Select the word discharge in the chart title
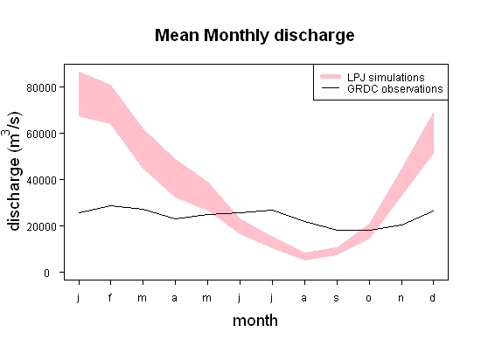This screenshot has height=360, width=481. tap(314, 36)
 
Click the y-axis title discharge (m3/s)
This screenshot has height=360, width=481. tap(13, 171)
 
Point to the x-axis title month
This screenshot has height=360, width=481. tap(255, 321)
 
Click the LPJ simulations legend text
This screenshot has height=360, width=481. tap(386, 77)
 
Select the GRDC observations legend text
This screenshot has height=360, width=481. tap(395, 89)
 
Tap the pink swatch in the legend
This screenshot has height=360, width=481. tap(331, 76)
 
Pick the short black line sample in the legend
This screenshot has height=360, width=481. tap(331, 88)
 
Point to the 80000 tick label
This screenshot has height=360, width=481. tap(42, 88)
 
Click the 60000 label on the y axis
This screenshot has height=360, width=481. tap(42, 135)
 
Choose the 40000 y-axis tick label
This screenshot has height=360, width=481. tap(42, 181)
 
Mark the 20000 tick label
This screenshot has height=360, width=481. tap(42, 226)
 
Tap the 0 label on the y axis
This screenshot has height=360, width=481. tap(46, 273)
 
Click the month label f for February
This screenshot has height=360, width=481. tap(110, 297)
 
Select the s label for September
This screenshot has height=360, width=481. tap(337, 298)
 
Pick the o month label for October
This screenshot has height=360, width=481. tap(369, 298)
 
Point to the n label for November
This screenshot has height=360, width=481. tap(401, 298)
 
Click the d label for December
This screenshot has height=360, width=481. tap(433, 297)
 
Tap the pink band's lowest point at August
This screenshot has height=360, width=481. tap(305, 260)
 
